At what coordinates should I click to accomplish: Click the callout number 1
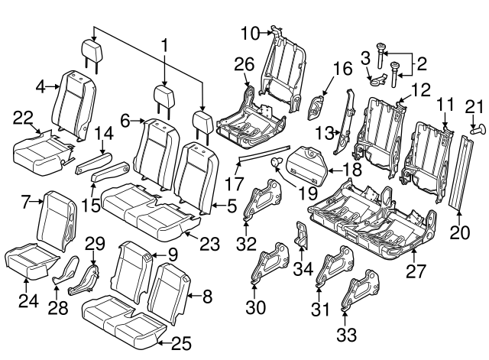tap(164, 46)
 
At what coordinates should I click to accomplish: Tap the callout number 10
tap(251, 32)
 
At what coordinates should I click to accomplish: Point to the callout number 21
tap(474, 107)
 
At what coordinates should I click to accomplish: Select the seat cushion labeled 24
tap(28, 259)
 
